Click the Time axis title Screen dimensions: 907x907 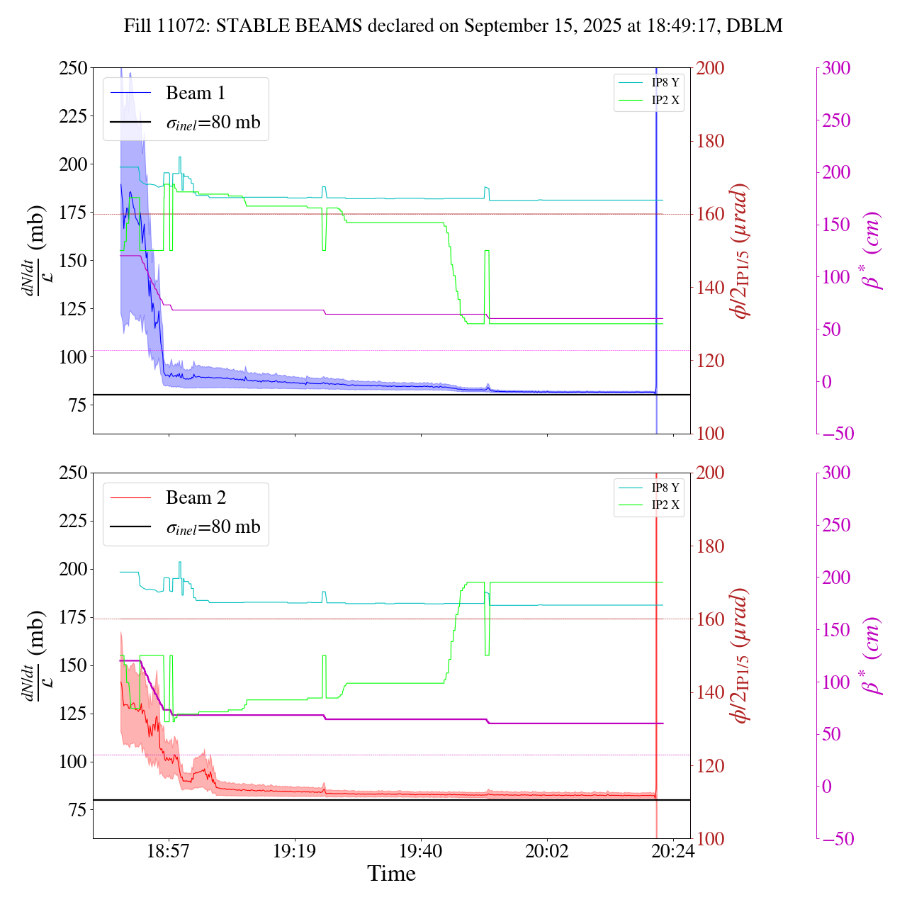[x=391, y=874]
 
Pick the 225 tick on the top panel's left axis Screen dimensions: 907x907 [x=73, y=116]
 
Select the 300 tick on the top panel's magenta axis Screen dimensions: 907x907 [x=836, y=68]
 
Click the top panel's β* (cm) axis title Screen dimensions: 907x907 [x=872, y=250]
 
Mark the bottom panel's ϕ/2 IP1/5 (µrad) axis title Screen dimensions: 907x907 [x=740, y=655]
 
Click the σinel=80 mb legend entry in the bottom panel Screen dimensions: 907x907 [x=213, y=527]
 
